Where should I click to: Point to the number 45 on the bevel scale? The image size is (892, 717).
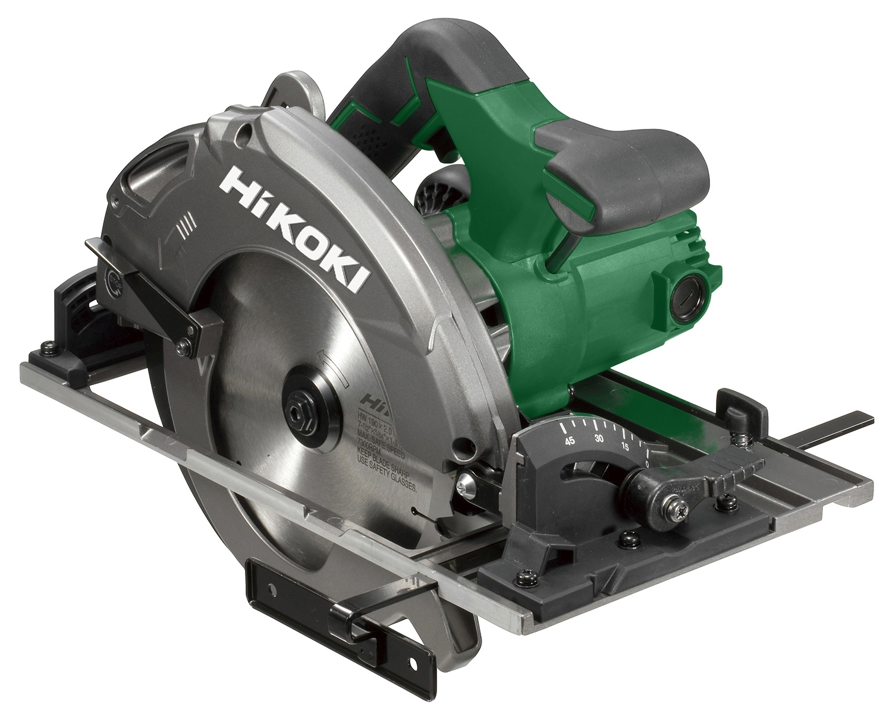click(570, 441)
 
